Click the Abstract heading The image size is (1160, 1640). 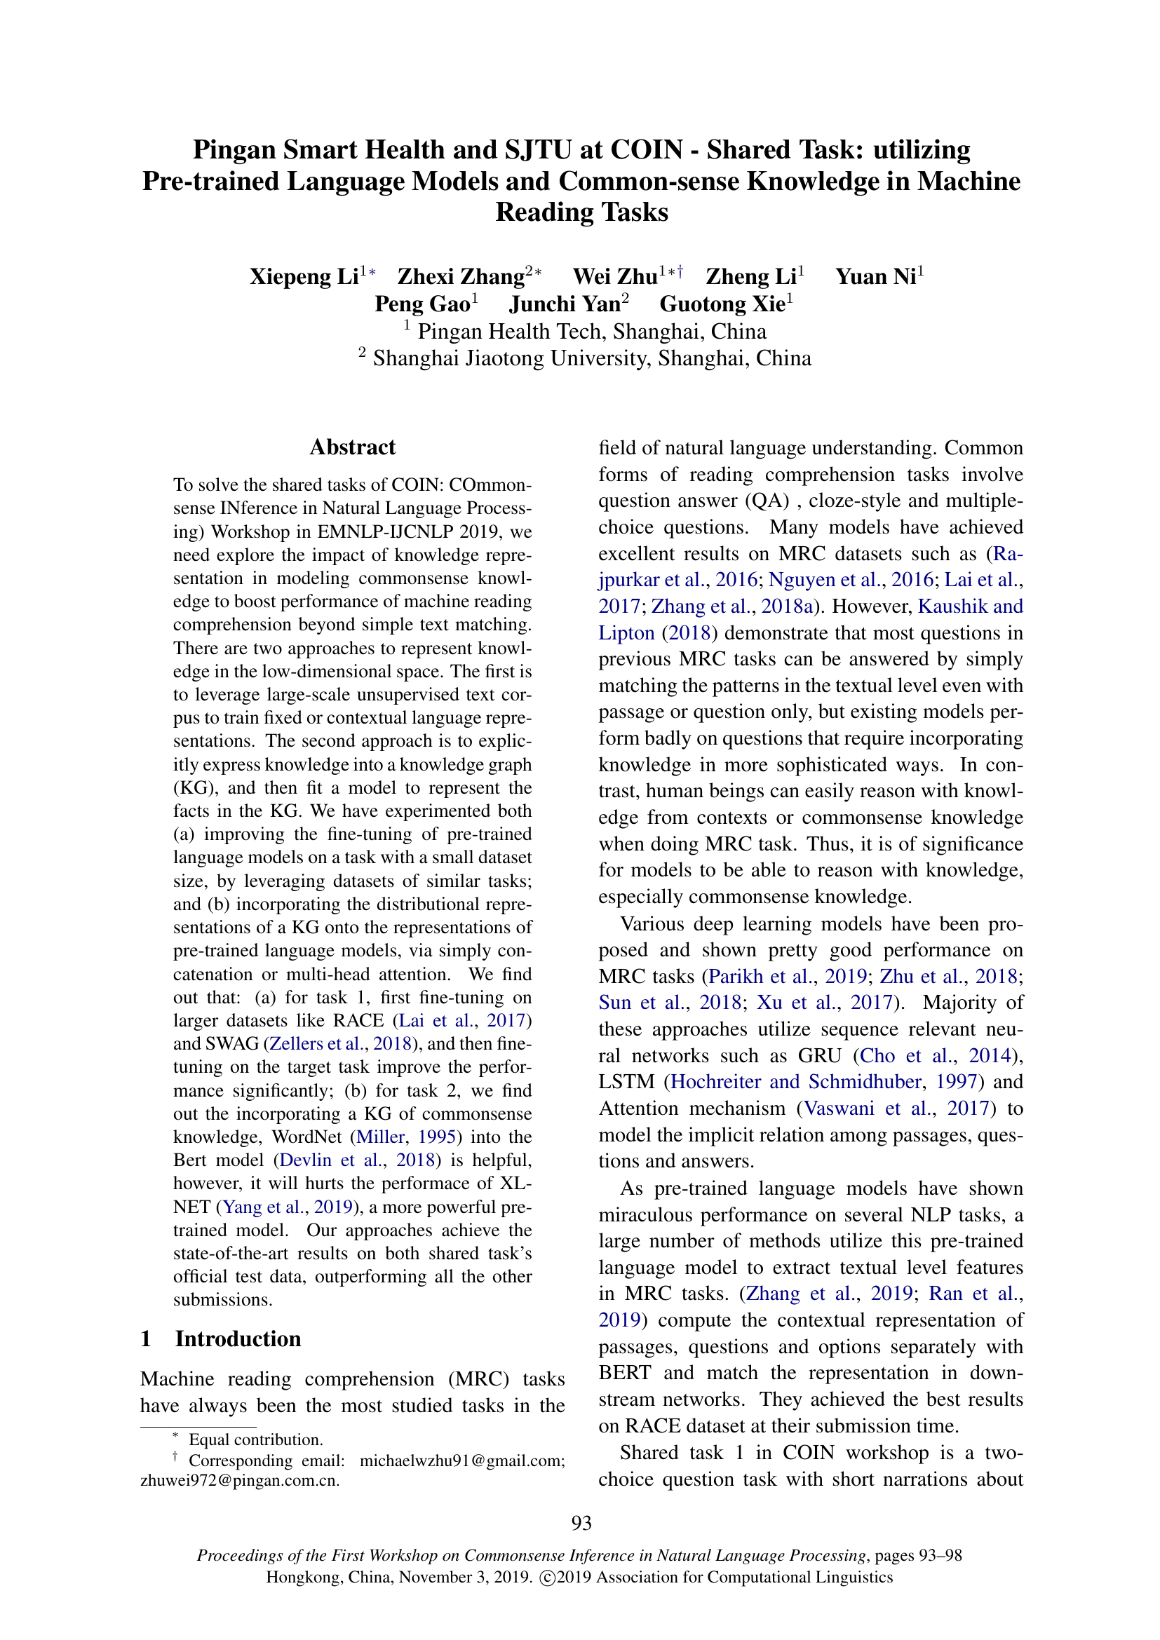tap(352, 447)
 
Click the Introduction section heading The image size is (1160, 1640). tap(238, 1339)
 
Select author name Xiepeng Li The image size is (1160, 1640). tap(304, 276)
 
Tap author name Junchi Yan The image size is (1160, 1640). tap(565, 304)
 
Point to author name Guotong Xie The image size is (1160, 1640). tap(722, 304)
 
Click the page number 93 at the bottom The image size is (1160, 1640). tap(581, 1524)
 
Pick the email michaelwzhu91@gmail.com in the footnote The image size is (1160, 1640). tap(461, 1461)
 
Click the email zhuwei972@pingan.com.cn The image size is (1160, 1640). tap(239, 1480)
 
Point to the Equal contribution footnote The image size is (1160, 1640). tap(255, 1440)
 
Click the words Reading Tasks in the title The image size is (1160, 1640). tap(581, 212)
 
